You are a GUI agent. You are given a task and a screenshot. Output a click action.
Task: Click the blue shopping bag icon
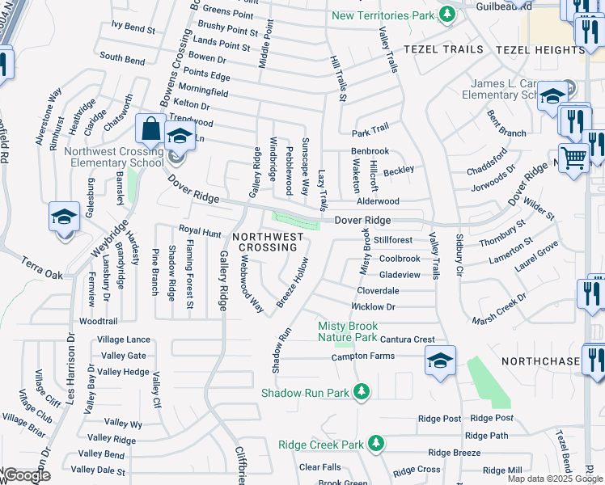151,129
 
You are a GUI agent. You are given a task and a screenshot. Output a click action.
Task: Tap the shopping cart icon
573,158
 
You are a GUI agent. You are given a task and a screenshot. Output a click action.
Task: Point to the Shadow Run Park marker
361,393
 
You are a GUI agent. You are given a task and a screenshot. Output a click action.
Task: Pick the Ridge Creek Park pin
375,444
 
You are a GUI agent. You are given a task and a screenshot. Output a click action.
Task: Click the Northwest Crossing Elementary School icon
180,136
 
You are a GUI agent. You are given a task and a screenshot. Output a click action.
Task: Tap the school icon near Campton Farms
440,361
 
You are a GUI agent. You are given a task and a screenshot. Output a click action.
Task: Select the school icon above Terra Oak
64,217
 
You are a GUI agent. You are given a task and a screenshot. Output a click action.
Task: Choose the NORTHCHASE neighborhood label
540,361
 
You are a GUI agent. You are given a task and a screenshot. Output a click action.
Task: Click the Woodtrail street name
99,321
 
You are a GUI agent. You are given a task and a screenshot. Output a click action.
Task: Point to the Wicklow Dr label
372,307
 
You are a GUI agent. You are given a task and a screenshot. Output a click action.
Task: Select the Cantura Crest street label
406,340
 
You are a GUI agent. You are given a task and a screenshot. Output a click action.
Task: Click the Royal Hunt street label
200,232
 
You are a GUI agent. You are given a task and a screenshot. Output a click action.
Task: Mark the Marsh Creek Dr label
499,308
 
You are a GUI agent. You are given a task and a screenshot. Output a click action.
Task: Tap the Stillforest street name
393,240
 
